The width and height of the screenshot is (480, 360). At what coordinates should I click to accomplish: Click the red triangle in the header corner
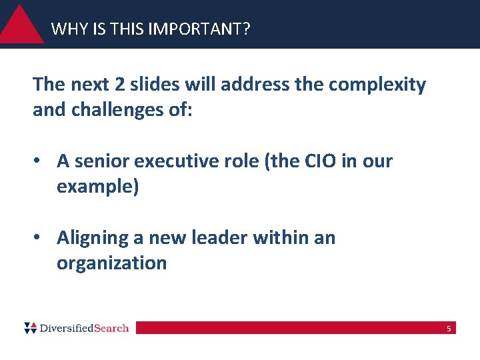tap(21, 27)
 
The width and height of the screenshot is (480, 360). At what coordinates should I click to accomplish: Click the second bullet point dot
tap(40, 238)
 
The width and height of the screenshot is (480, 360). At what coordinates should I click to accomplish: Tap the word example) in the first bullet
tap(98, 187)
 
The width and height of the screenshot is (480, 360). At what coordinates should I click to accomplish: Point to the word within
tap(281, 238)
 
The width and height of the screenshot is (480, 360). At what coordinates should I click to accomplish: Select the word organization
tap(111, 263)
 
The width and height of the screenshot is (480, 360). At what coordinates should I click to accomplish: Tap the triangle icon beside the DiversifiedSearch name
tap(31, 327)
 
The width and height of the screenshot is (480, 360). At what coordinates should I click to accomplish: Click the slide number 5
tap(449, 328)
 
